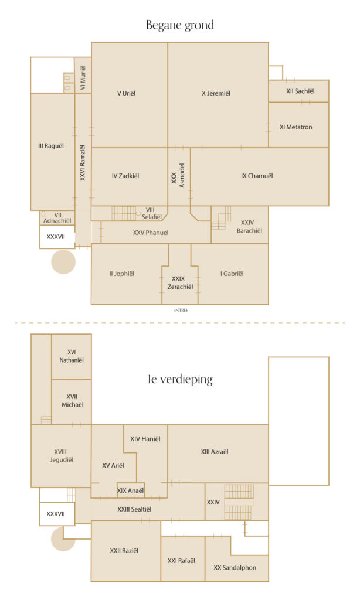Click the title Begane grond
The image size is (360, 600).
click(180, 25)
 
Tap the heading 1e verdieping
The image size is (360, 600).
click(180, 379)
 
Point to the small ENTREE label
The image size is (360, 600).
click(181, 311)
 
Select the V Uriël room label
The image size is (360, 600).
click(127, 93)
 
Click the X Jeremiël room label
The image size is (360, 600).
click(216, 93)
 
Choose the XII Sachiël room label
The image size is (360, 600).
click(300, 91)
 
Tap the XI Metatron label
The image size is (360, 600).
click(296, 127)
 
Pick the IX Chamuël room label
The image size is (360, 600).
click(257, 176)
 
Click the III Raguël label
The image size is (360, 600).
click(51, 146)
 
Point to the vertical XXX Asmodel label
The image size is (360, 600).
click(178, 176)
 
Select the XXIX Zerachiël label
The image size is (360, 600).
click(180, 283)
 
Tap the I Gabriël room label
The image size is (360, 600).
click(232, 274)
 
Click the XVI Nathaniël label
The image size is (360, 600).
click(72, 356)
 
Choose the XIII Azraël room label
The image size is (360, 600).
click(215, 452)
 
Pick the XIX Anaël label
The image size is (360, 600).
click(131, 490)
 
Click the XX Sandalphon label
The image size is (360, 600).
click(235, 567)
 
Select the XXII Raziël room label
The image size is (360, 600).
click(124, 551)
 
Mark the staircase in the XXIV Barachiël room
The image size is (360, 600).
click(222, 218)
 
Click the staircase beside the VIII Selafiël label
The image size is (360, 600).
click(124, 213)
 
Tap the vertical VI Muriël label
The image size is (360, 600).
click(83, 78)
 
